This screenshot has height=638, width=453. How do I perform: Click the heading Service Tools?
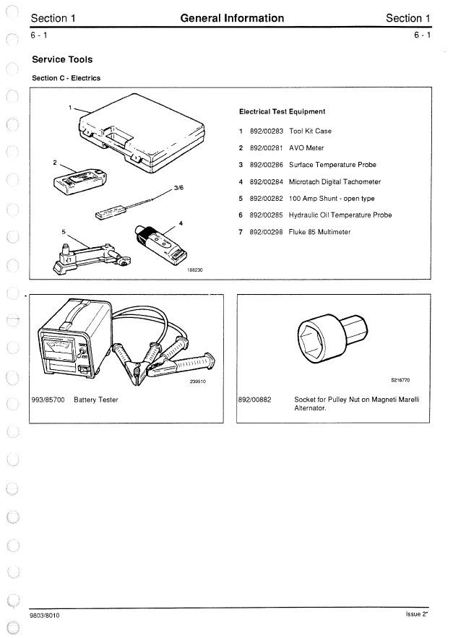tap(62, 59)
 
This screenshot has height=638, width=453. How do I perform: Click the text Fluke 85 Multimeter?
tap(319, 232)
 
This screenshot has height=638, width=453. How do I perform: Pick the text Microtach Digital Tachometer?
tap(335, 182)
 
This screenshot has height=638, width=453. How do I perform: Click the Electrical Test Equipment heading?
tap(282, 112)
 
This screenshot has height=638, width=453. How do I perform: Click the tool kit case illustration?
tap(141, 137)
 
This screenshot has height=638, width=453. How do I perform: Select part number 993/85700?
tap(48, 400)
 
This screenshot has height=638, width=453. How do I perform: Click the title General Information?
tap(231, 18)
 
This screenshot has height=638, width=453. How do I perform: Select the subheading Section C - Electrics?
tap(66, 78)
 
